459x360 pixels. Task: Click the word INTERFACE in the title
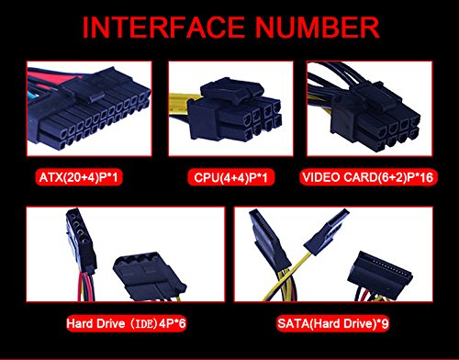pyautogui.click(x=163, y=28)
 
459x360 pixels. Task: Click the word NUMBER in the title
pyautogui.click(x=318, y=28)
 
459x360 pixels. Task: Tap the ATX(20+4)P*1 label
pyautogui.click(x=79, y=177)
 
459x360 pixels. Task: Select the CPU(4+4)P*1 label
pyautogui.click(x=231, y=177)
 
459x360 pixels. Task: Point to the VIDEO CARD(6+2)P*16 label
pyautogui.click(x=368, y=177)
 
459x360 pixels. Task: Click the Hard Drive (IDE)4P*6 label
pyautogui.click(x=126, y=323)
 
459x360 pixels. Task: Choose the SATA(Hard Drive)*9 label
pyautogui.click(x=333, y=323)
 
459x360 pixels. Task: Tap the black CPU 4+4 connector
pyautogui.click(x=234, y=110)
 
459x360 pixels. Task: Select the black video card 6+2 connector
pyautogui.click(x=375, y=118)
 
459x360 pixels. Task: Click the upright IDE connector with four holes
pyautogui.click(x=80, y=241)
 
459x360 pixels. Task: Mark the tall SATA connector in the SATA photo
pyautogui.click(x=269, y=241)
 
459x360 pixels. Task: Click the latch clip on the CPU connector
pyautogui.click(x=231, y=88)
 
